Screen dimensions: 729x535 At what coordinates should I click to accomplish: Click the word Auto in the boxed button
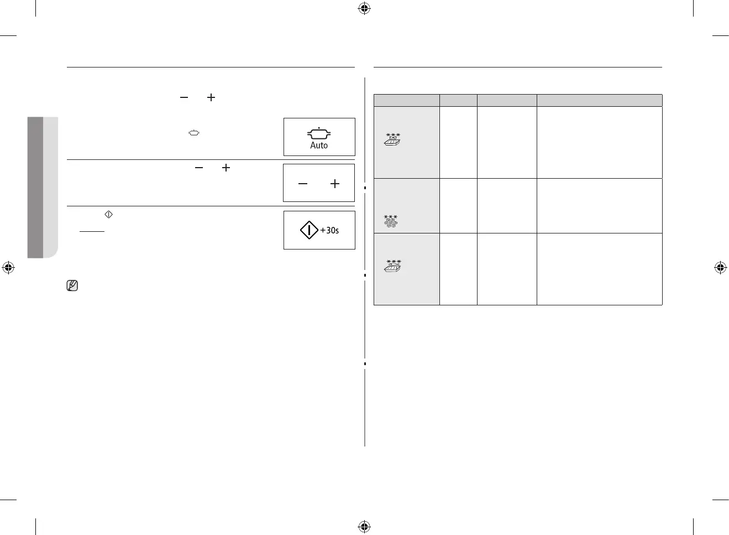319,146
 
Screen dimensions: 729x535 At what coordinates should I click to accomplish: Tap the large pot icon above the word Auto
319,133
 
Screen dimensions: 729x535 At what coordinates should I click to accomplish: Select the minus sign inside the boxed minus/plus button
302,184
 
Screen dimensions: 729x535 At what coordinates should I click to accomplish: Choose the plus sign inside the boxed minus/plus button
335,184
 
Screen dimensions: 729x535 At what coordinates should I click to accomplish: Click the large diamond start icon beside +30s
309,230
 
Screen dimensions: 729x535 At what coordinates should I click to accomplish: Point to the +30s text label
330,230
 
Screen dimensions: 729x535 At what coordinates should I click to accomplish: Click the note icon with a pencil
72,286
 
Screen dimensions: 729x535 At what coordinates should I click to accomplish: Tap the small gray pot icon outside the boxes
193,133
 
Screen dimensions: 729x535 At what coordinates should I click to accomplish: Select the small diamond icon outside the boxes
108,214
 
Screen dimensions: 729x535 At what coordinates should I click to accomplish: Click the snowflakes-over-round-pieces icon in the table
391,221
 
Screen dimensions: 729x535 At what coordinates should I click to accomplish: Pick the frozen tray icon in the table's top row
392,139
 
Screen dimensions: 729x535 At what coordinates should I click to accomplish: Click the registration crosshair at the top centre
364,8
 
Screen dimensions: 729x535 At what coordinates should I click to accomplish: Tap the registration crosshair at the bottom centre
364,526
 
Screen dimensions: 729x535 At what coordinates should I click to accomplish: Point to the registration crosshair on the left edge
8,268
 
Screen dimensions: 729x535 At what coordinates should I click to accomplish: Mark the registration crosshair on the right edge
720,268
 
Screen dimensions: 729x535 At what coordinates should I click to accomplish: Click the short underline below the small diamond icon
92,232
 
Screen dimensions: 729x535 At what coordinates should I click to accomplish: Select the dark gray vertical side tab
35,187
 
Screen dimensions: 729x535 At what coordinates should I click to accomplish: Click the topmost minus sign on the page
184,97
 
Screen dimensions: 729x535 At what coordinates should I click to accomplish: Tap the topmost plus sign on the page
211,97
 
